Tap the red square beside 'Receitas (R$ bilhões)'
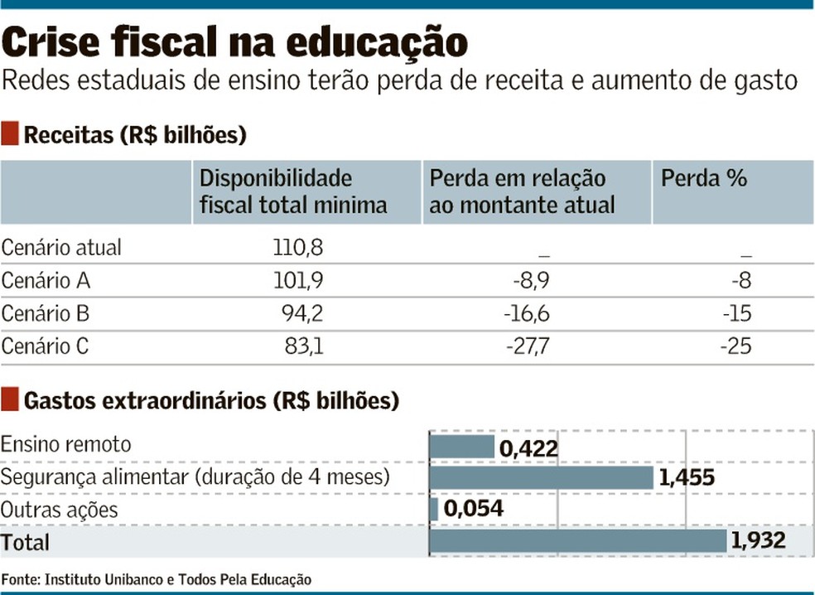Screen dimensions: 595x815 click(x=11, y=133)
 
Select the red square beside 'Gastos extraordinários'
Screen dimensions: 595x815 click(x=11, y=401)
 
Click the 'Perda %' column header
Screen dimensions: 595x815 click(x=703, y=178)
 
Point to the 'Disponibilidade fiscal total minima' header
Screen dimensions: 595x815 click(x=293, y=191)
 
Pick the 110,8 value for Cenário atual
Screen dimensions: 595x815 click(x=298, y=247)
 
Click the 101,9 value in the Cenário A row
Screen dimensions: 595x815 click(x=298, y=281)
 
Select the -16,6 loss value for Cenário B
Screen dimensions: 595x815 click(x=526, y=314)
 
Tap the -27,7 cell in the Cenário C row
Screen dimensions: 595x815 click(x=526, y=346)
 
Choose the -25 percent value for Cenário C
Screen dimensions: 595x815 click(x=735, y=346)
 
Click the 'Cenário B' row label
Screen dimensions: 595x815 click(x=46, y=314)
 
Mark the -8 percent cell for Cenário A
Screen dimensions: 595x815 click(x=740, y=281)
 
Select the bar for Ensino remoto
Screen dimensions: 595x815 click(x=462, y=446)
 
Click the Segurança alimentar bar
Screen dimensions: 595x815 click(x=542, y=477)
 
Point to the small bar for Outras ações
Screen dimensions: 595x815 click(x=434, y=509)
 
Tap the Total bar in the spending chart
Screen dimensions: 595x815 click(x=578, y=541)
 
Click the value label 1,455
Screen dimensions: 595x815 click(x=685, y=477)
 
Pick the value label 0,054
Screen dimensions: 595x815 click(x=473, y=509)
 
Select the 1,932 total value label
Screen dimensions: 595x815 click(x=758, y=541)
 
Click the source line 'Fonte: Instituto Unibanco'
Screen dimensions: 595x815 click(x=157, y=579)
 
